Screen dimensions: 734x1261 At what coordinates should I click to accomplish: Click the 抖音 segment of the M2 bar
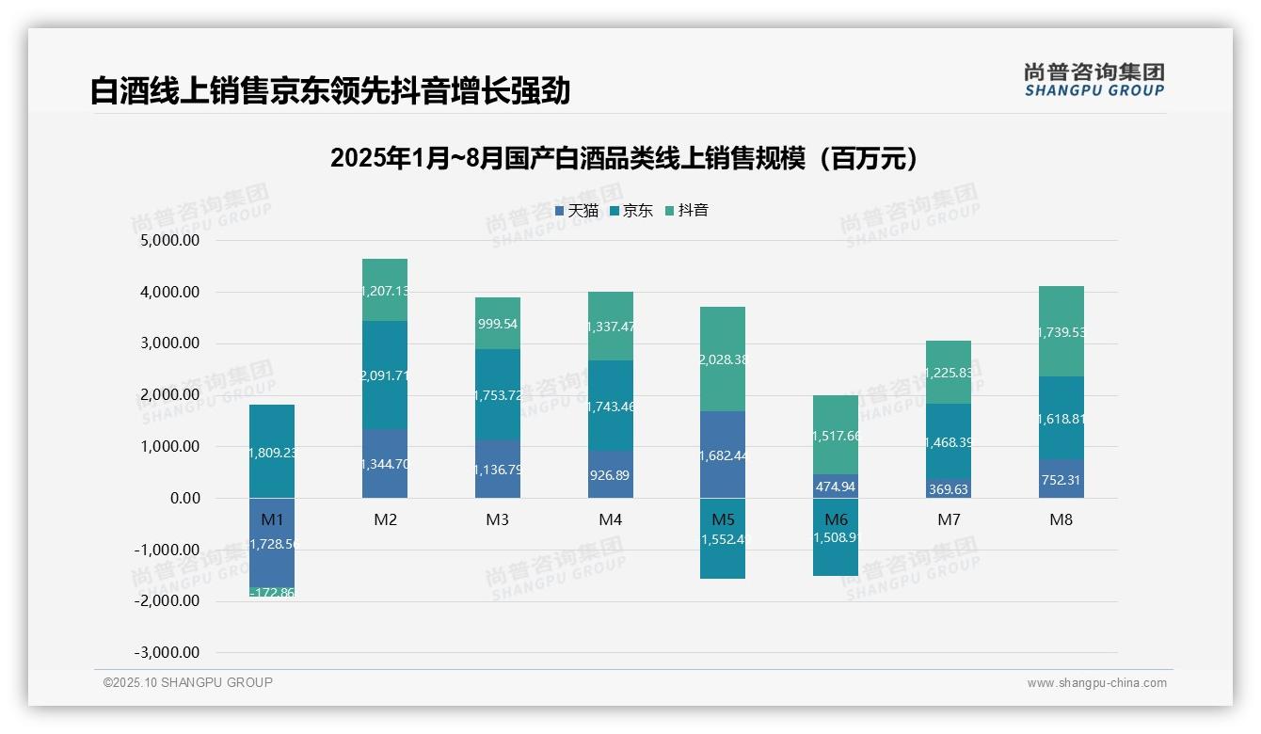[385, 290]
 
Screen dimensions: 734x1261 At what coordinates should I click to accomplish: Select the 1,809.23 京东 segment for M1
[272, 452]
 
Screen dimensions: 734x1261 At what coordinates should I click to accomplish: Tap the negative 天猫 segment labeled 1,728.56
[272, 544]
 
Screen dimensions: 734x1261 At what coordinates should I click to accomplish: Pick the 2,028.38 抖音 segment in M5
[723, 359]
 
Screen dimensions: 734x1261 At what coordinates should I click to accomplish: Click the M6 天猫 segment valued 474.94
[836, 487]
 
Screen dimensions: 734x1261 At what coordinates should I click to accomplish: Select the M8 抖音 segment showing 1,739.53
[1061, 331]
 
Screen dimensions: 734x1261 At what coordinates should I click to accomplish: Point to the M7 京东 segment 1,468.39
[949, 440]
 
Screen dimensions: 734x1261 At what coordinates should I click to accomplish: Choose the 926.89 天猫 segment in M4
[610, 474]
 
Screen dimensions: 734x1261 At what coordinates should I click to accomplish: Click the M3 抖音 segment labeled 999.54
[497, 323]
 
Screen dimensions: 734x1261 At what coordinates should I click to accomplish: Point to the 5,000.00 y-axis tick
[169, 241]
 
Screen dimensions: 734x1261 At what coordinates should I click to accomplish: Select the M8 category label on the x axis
[1061, 519]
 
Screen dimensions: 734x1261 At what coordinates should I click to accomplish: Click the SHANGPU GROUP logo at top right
[1093, 80]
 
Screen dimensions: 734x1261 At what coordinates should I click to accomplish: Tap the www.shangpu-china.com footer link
[1096, 683]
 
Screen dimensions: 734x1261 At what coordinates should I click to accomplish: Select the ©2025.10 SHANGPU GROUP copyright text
[188, 682]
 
